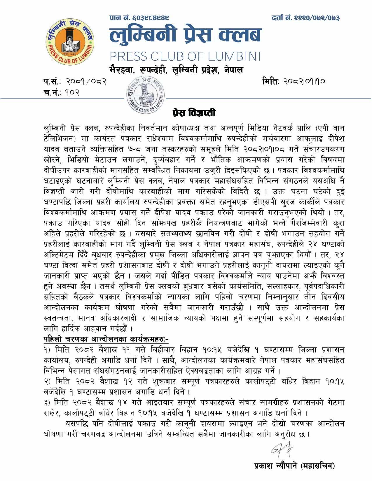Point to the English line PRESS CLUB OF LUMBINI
(185, 56)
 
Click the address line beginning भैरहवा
(176, 70)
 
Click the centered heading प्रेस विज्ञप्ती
(194, 112)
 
